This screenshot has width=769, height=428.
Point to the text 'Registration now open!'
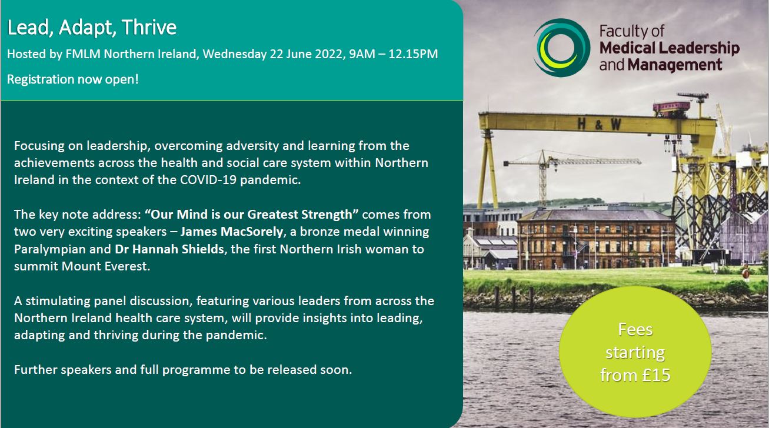click(73, 78)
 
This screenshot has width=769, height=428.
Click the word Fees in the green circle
click(635, 329)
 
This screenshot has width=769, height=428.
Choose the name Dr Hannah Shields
click(169, 249)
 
